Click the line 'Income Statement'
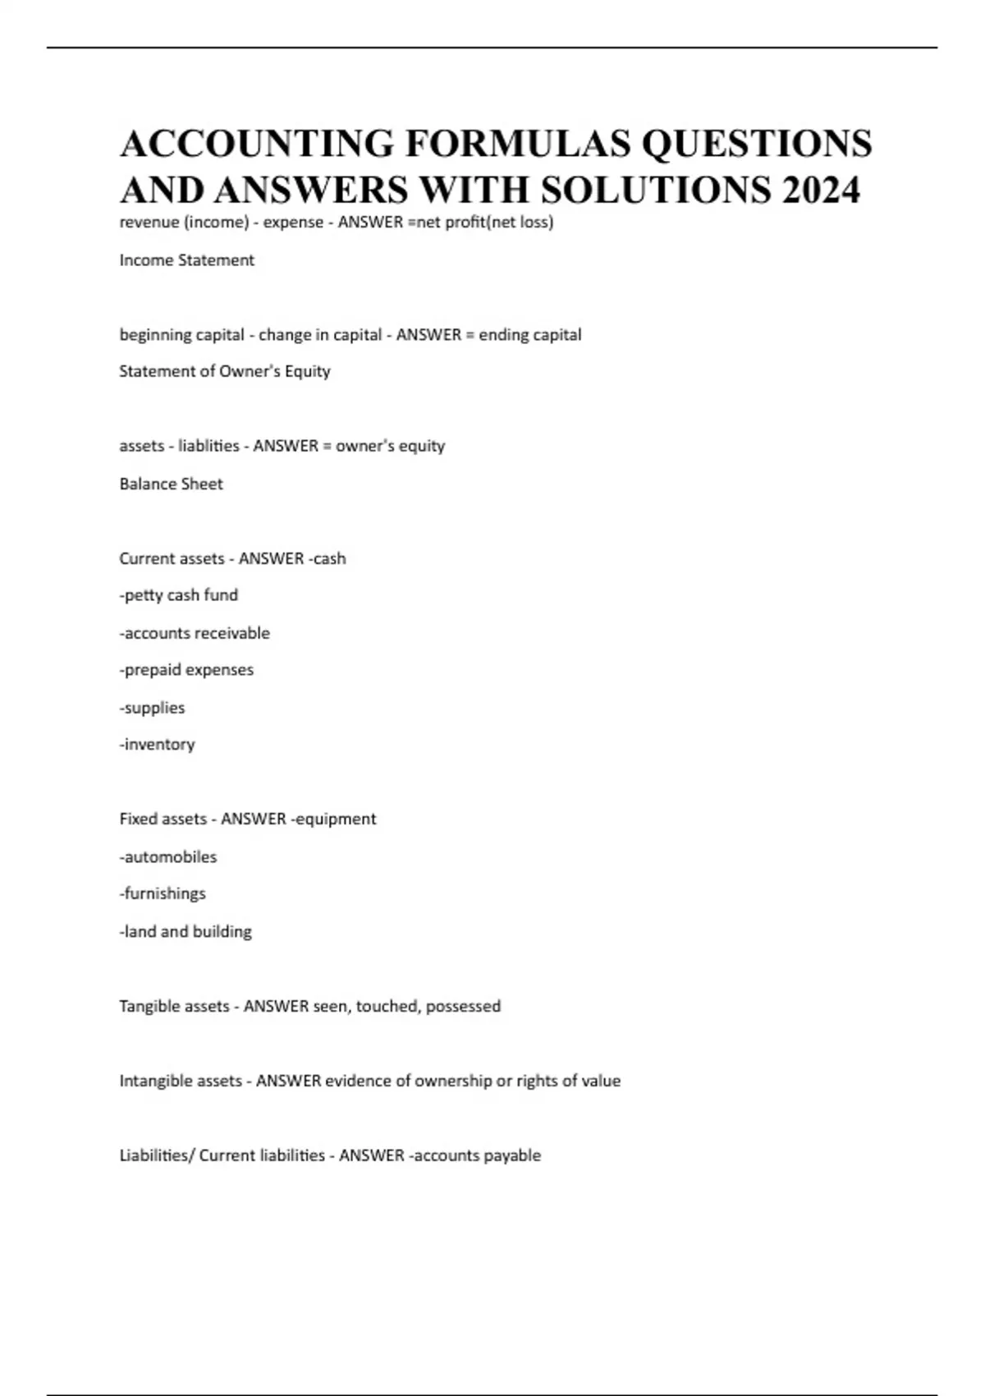[x=186, y=260]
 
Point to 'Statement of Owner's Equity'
[x=224, y=371]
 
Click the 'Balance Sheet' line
[x=171, y=484]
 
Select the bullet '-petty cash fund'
[x=178, y=595]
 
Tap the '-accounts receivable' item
[x=194, y=633]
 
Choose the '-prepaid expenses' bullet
[x=186, y=670]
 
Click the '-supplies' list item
[x=152, y=707]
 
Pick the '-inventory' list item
[x=157, y=744]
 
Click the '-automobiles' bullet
[x=167, y=856]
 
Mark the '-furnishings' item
[x=163, y=893]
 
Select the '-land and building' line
[x=185, y=931]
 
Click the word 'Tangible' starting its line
[x=145, y=1006]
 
